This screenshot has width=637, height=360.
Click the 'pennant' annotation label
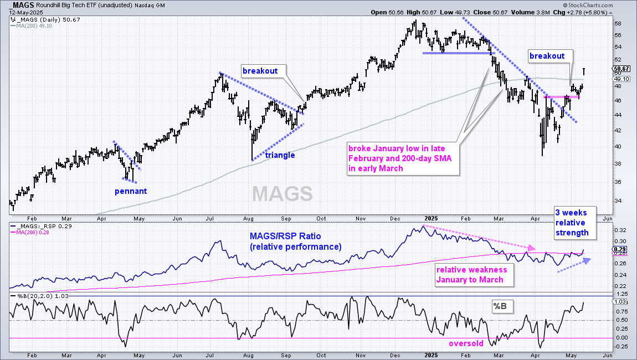130,192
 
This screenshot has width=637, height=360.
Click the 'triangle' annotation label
280,155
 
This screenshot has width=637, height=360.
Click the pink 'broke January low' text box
403,159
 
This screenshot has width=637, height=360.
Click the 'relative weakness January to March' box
474,275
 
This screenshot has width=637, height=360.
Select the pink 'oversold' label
466,344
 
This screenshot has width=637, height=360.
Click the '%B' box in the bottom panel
502,306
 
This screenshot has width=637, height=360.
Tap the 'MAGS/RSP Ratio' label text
285,236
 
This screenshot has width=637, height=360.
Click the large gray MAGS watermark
282,193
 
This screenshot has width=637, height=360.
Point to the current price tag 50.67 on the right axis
621,69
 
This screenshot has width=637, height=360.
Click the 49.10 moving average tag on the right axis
621,79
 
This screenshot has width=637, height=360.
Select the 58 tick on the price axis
618,24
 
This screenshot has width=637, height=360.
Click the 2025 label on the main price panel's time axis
431,218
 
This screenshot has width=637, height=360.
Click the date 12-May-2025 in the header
26,13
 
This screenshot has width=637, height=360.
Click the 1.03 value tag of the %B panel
620,301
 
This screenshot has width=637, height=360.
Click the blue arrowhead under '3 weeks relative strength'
588,261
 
